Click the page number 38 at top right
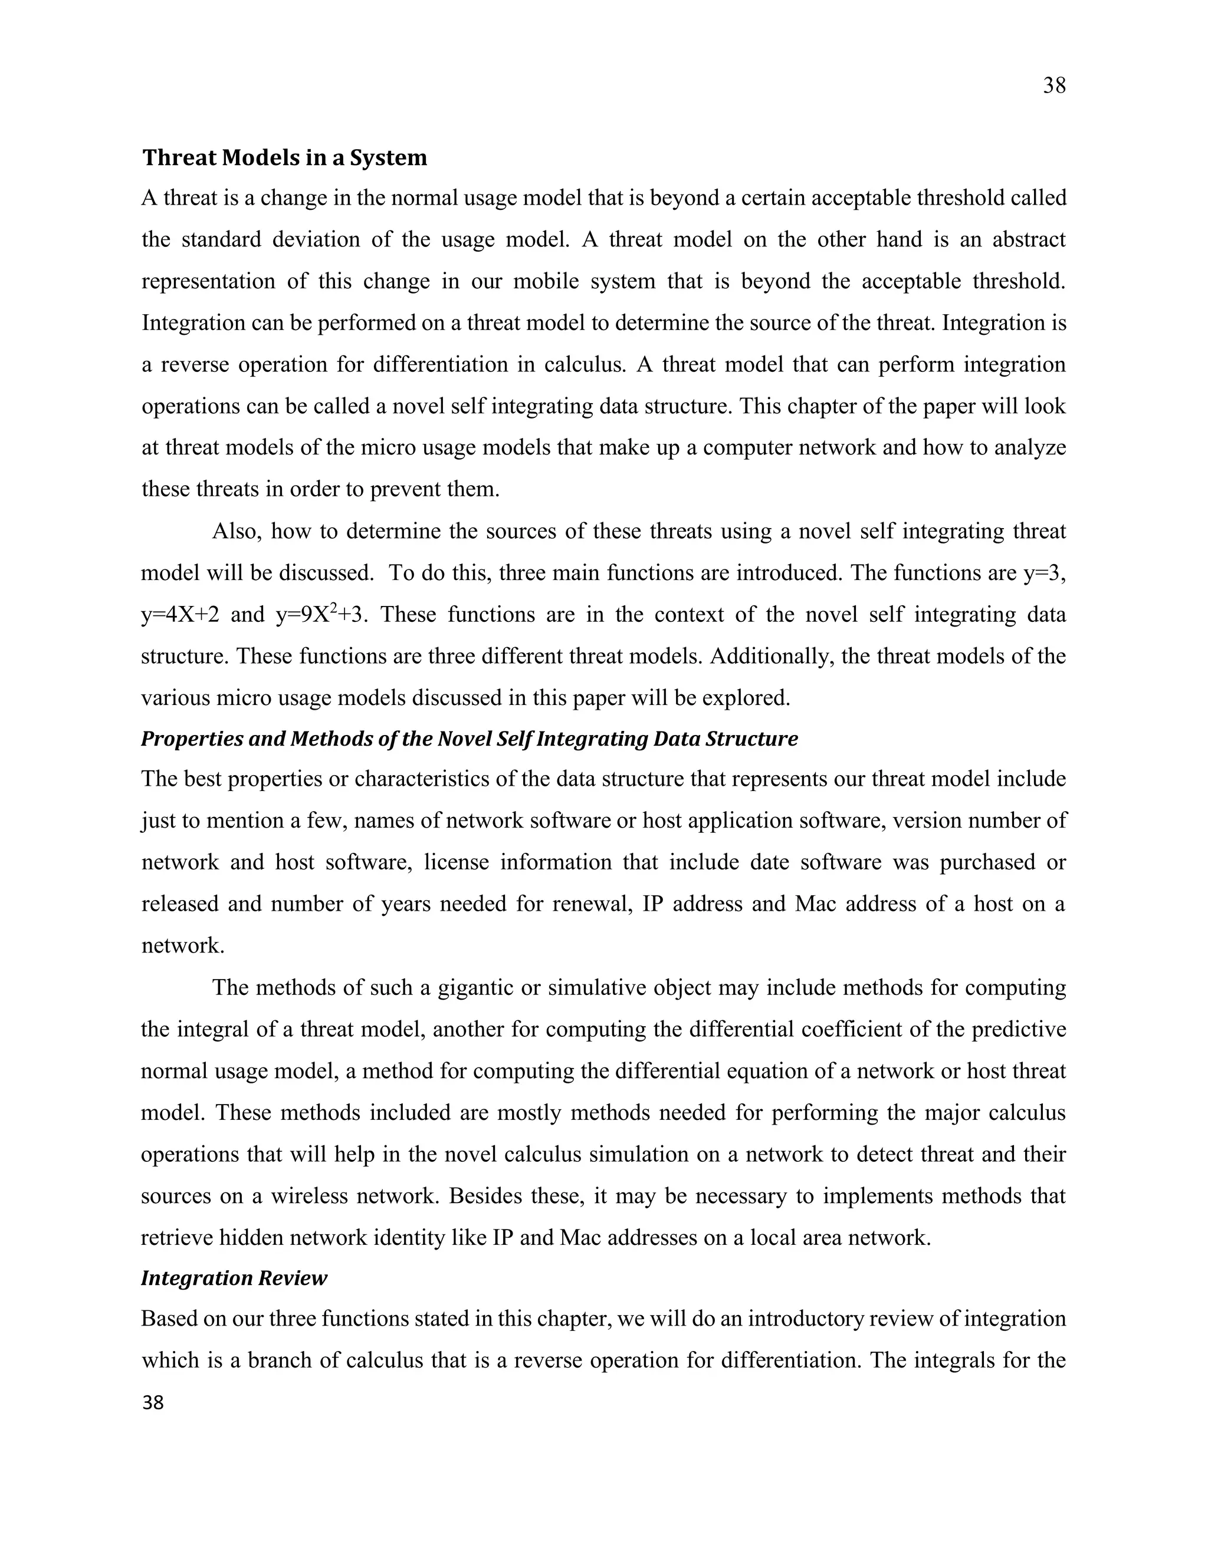[x=1053, y=86]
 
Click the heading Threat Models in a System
[x=284, y=157]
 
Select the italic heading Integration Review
[x=234, y=1277]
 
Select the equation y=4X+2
[x=180, y=614]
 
